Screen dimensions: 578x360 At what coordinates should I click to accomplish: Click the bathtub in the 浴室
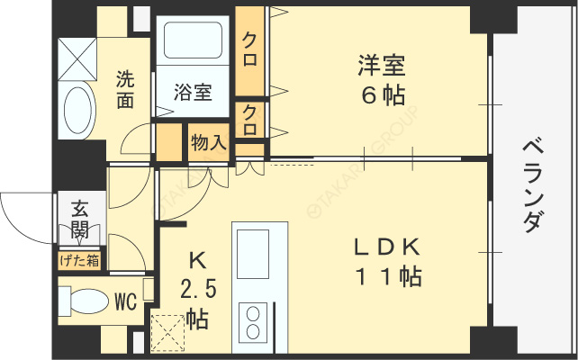[x=193, y=40]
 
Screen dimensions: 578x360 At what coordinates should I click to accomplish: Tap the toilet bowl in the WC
[x=88, y=301]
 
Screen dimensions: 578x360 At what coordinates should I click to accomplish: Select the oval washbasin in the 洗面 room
[x=77, y=110]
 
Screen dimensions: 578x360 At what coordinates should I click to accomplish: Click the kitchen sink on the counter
[x=253, y=254]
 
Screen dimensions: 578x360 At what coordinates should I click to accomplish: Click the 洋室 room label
[x=382, y=66]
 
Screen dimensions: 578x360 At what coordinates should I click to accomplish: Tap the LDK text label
[x=387, y=247]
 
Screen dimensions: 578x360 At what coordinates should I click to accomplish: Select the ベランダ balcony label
[x=533, y=185]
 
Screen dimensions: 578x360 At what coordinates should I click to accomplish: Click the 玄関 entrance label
[x=80, y=220]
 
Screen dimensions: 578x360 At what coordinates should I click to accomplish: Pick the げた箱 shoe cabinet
[x=79, y=261]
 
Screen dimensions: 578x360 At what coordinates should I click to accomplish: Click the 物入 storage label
[x=209, y=142]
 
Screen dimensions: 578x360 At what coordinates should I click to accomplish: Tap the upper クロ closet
[x=250, y=50]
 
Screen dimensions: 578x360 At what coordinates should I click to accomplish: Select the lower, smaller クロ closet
[x=250, y=120]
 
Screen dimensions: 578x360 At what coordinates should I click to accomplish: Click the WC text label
[x=126, y=302]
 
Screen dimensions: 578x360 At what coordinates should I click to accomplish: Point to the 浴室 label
[x=194, y=92]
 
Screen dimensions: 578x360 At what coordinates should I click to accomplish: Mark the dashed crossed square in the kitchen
[x=167, y=333]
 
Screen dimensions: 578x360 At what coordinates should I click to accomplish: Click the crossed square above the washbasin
[x=77, y=59]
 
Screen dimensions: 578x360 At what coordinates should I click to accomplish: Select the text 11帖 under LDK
[x=389, y=276]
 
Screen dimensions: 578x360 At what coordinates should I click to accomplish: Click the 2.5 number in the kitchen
[x=198, y=288]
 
